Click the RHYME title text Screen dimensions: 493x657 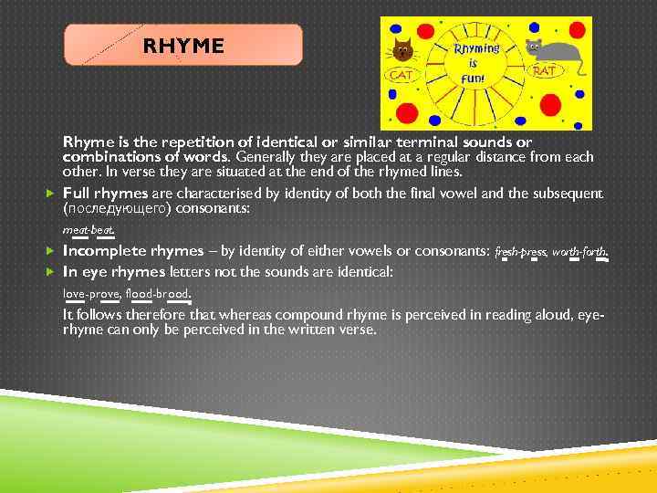pyautogui.click(x=182, y=46)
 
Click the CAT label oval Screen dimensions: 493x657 pyautogui.click(x=403, y=75)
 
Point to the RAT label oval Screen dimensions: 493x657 pyautogui.click(x=544, y=70)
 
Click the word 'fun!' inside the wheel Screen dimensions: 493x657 pyautogui.click(x=474, y=79)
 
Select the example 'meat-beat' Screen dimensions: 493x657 pyautogui.click(x=88, y=230)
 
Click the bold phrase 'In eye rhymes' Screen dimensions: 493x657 pyautogui.click(x=114, y=271)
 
